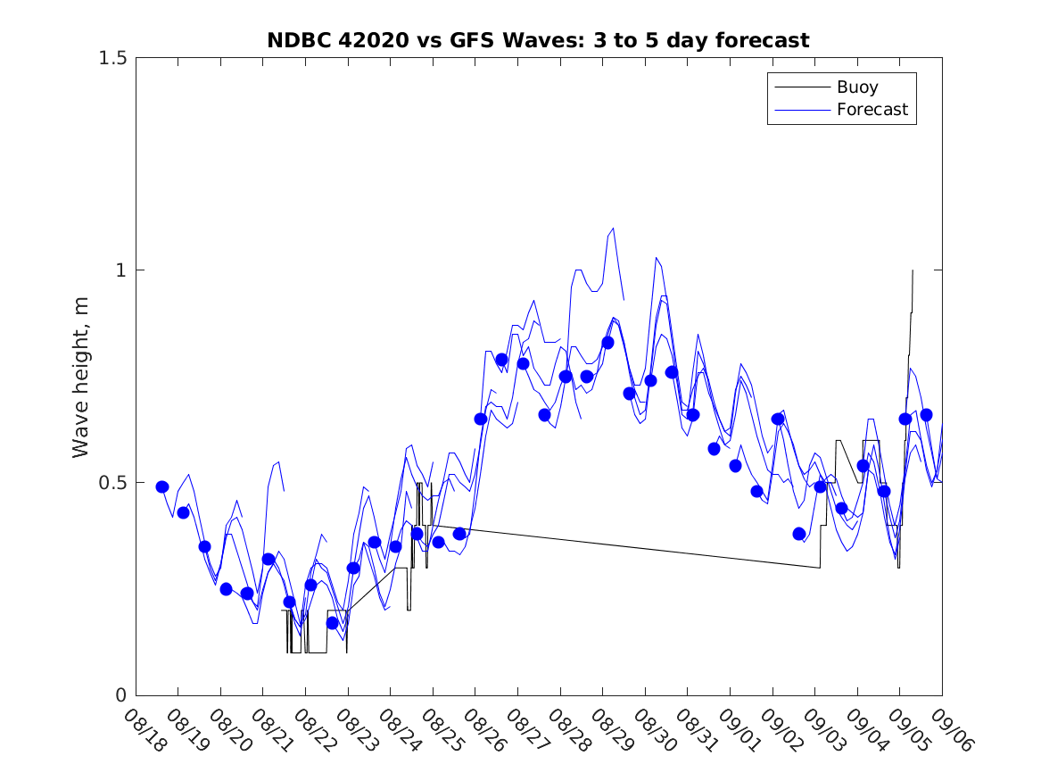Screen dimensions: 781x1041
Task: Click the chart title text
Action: [x=538, y=40]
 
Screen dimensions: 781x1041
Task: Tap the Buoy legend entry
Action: [x=856, y=87]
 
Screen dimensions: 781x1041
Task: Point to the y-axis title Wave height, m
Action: [x=81, y=376]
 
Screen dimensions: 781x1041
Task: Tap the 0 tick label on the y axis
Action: [x=120, y=695]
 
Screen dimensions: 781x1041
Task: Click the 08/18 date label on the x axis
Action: [x=143, y=730]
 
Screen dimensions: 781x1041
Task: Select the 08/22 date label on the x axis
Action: [x=312, y=730]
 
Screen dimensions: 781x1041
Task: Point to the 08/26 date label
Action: [x=483, y=730]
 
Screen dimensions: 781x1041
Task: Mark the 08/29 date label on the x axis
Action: [x=610, y=730]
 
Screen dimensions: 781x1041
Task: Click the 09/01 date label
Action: [x=738, y=730]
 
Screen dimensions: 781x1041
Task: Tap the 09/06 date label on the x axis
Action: [x=949, y=730]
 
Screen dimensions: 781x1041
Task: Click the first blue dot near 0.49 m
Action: [x=162, y=486]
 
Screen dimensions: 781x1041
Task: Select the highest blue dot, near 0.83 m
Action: [x=607, y=343]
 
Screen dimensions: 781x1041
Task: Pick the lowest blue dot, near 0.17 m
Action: [x=332, y=623]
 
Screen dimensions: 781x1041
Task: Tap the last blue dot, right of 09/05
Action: [x=926, y=415]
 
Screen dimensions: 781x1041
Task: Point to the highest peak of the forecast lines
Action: [x=613, y=228]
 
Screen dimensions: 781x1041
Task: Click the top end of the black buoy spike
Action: [x=913, y=270]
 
